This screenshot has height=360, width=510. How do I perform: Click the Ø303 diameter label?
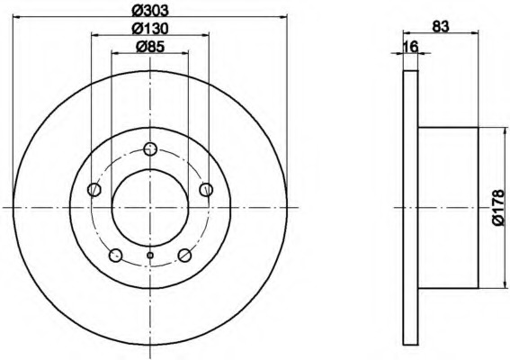point(150,10)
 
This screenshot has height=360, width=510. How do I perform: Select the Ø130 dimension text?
point(150,29)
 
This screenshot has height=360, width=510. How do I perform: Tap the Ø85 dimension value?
point(150,47)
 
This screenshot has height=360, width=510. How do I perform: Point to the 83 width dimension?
point(441,26)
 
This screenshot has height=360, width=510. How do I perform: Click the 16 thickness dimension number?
point(410,47)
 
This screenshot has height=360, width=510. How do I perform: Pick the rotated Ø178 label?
point(500,208)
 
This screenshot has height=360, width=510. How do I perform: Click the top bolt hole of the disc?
point(150,149)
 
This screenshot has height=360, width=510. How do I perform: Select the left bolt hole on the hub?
point(94,189)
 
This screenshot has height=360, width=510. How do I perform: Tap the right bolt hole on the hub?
point(206,189)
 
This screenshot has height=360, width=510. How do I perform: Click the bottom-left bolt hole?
point(115,256)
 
